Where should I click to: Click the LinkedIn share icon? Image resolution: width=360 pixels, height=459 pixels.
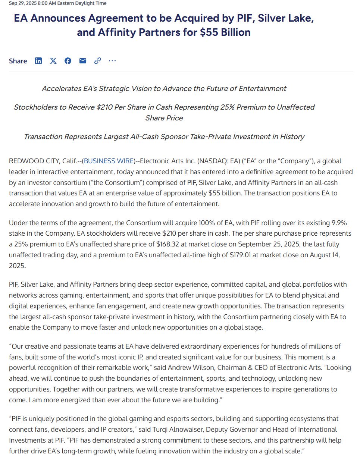[38, 61]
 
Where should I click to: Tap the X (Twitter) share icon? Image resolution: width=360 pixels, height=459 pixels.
[53, 61]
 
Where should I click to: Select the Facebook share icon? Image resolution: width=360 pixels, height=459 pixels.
[68, 61]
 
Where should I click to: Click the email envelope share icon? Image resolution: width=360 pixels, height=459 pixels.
[83, 61]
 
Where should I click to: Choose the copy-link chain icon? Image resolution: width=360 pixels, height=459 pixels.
[98, 61]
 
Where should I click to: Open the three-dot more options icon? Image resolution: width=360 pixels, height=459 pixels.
[112, 61]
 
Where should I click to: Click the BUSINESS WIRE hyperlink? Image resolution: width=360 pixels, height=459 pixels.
[108, 161]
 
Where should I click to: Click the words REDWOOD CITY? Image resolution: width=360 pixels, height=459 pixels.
[33, 161]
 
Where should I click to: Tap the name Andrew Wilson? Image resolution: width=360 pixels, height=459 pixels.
[188, 368]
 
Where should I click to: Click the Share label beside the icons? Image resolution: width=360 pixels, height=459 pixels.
[18, 61]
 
